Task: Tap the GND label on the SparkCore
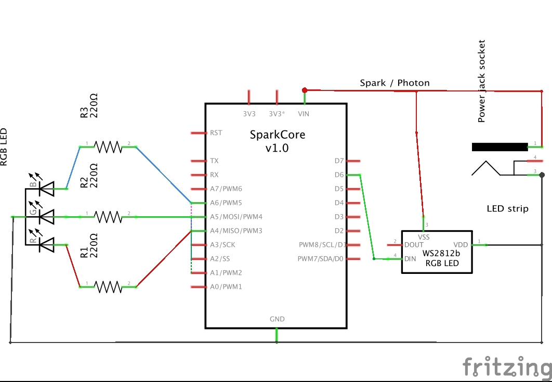tap(277, 319)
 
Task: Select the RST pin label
tap(216, 133)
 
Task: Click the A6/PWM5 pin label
tap(226, 203)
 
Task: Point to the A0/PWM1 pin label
tap(226, 287)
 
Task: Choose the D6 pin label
tap(339, 175)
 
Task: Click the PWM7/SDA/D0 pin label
tap(321, 259)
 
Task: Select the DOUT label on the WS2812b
tap(414, 245)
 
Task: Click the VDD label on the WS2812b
tap(461, 245)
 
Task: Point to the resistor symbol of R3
tap(108, 147)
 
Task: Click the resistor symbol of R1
tap(108, 286)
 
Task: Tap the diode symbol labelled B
tap(47, 189)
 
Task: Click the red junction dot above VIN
tap(305, 89)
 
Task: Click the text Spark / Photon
tap(395, 83)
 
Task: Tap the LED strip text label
tap(507, 208)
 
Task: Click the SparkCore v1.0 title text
tap(278, 141)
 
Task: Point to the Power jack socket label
tap(482, 81)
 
